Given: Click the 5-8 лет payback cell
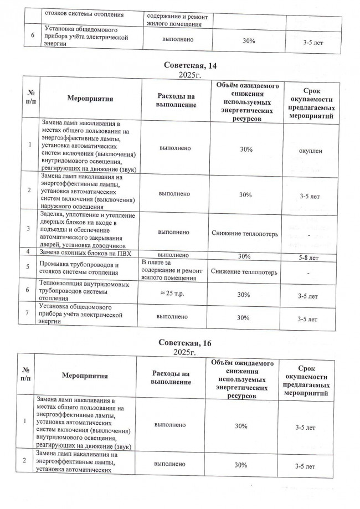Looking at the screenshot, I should coord(308,258).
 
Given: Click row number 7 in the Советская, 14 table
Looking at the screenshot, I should coord(28,314).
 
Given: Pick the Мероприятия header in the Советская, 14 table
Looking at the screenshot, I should coord(90,99).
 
